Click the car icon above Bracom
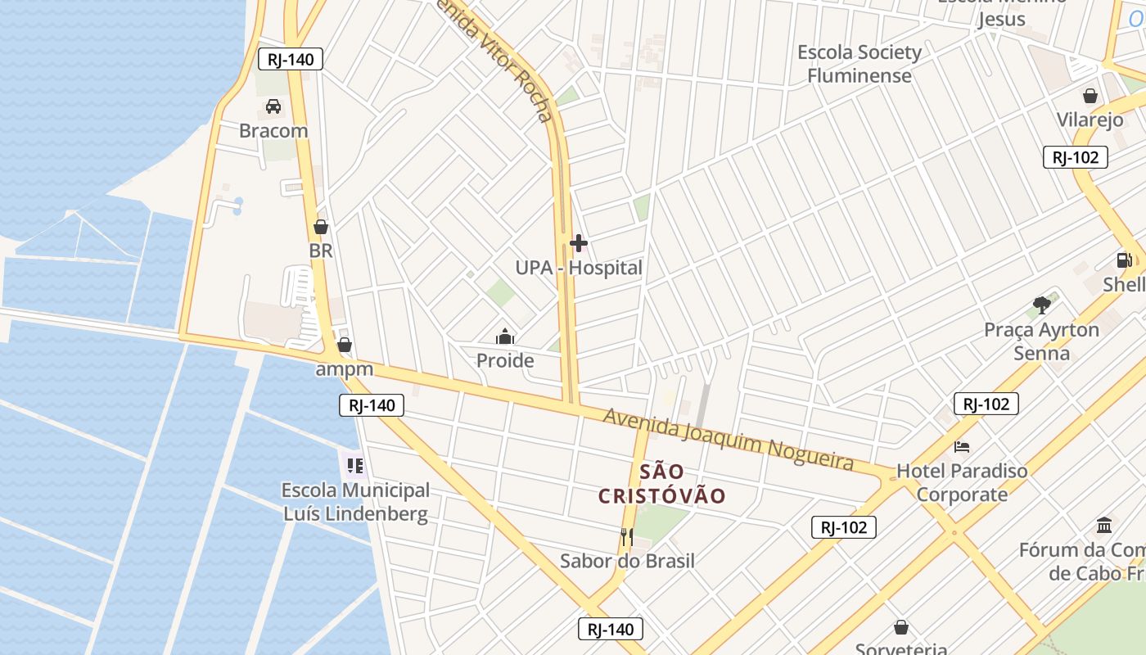(x=273, y=106)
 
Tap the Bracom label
(x=273, y=131)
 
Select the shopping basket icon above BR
(x=321, y=227)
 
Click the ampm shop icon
(x=345, y=345)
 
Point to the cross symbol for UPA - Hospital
(x=579, y=243)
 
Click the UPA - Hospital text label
(x=579, y=268)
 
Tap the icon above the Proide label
(x=505, y=337)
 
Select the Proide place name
(x=505, y=360)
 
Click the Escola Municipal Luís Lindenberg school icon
(x=354, y=466)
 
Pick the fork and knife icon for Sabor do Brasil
(x=627, y=537)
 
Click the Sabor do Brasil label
(x=627, y=561)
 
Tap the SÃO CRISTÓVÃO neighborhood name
(x=662, y=484)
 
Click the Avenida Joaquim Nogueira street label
(x=729, y=440)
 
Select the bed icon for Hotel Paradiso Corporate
(x=962, y=447)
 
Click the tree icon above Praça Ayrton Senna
(x=1041, y=306)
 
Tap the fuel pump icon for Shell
(x=1125, y=260)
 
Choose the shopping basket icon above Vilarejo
(x=1090, y=96)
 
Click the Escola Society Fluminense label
(x=859, y=64)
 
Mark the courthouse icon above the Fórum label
(x=1104, y=525)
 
